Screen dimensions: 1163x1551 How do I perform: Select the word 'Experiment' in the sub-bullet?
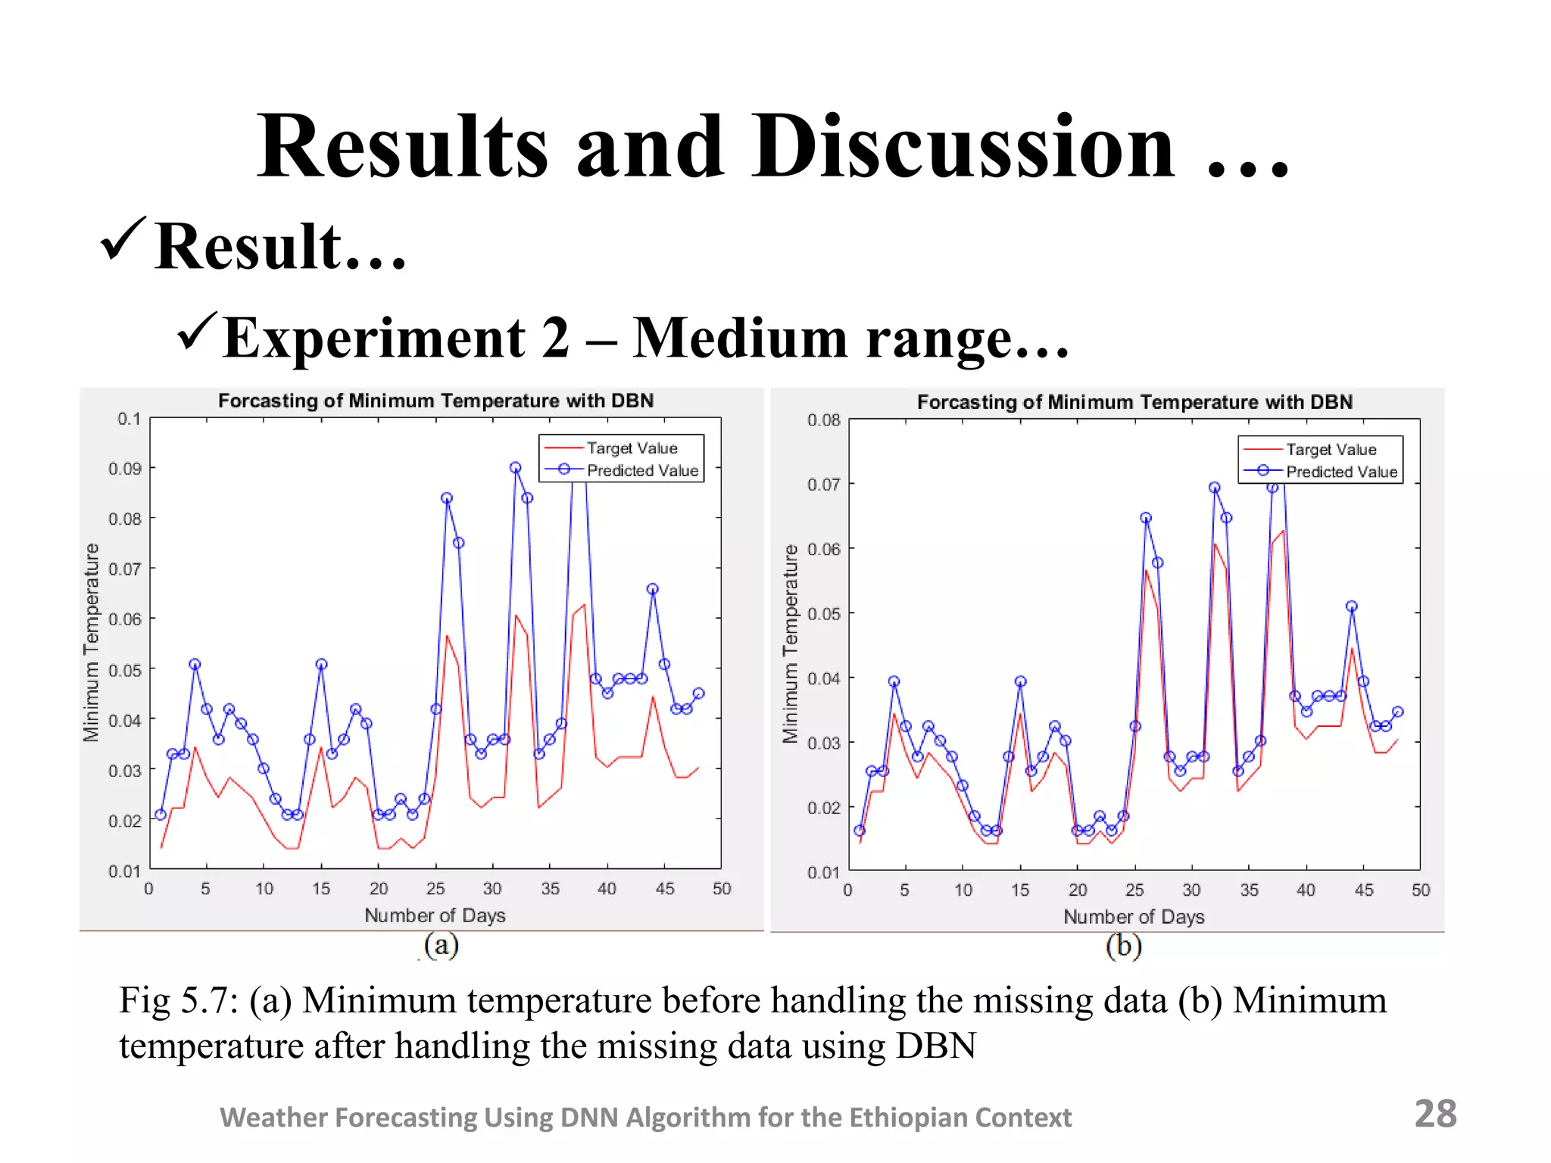click(374, 338)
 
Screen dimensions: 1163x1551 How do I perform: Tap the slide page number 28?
click(1435, 1114)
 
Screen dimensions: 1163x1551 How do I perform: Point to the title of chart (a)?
click(435, 401)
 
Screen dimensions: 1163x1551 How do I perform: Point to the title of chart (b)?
click(1134, 402)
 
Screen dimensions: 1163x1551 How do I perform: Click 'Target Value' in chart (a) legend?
click(632, 448)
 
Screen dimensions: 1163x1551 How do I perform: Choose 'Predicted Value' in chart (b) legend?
click(1341, 472)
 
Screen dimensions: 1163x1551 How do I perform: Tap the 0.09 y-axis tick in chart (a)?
click(125, 469)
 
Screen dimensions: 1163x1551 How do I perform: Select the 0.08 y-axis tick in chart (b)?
click(823, 420)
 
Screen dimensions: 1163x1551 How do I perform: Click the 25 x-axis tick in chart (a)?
click(435, 889)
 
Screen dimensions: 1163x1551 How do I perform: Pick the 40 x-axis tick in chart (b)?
click(1306, 890)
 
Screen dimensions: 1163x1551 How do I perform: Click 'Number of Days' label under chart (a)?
click(435, 915)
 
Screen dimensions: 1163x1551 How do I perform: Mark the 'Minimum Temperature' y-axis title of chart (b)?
click(790, 644)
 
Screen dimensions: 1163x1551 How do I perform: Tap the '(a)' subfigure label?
click(442, 945)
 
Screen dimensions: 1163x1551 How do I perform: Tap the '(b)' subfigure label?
click(1123, 946)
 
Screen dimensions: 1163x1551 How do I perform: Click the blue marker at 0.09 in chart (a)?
click(515, 468)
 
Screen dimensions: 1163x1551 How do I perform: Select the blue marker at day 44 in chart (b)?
click(1352, 606)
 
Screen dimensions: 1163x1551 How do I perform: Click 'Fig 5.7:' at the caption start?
click(179, 1001)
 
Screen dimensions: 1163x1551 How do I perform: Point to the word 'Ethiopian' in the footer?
click(897, 1118)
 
